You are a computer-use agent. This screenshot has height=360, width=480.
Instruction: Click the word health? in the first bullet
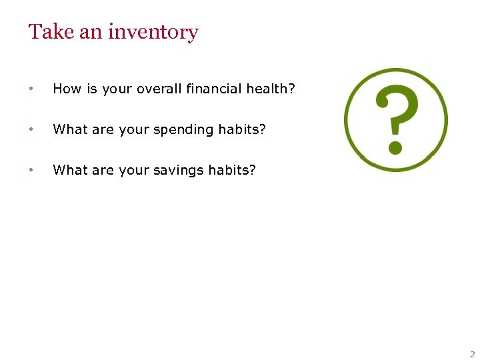tap(270, 89)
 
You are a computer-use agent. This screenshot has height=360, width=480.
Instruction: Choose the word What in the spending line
tap(69, 129)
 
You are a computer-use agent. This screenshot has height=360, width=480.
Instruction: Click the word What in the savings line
tap(69, 170)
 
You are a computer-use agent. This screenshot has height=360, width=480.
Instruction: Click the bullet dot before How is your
tap(31, 89)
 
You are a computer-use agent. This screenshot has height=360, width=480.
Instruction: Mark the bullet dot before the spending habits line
tap(31, 130)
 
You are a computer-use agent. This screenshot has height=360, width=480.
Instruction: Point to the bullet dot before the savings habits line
tap(31, 171)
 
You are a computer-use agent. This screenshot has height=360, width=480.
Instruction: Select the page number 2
tap(472, 354)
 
